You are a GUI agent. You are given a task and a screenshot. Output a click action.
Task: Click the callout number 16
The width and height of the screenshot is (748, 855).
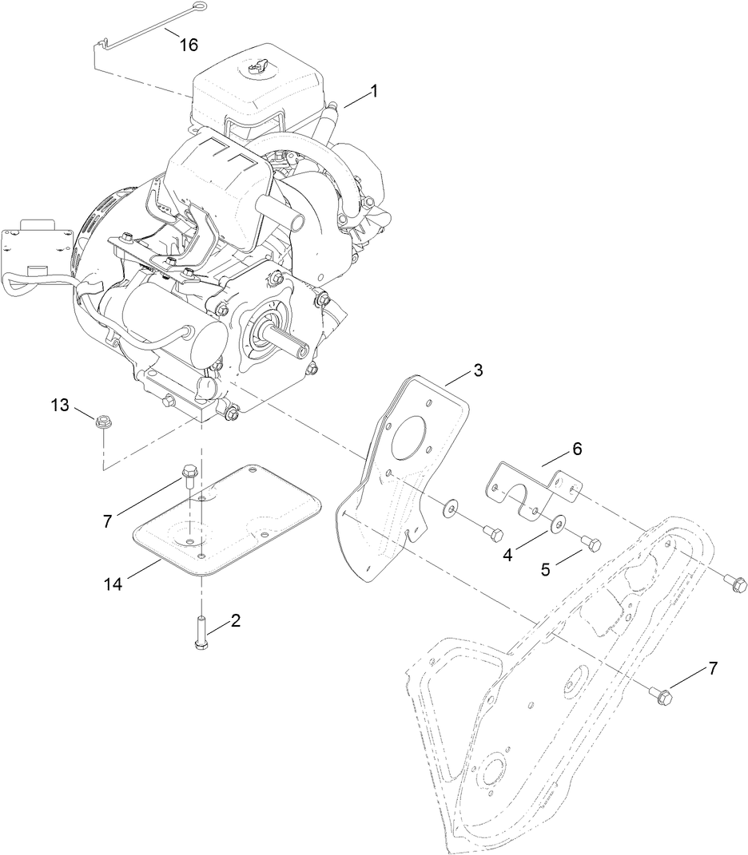pos(189,45)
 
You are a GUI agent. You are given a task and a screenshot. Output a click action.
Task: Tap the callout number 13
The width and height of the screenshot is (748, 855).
pos(61,406)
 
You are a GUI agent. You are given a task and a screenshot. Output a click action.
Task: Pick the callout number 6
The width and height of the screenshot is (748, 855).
pos(576,449)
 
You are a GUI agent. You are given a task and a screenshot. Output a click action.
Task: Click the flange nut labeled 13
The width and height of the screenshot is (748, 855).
pos(101,422)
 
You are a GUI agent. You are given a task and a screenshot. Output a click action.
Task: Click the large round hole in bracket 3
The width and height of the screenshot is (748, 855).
pos(415,438)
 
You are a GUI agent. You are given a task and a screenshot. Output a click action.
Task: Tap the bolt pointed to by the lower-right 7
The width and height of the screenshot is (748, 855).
pos(662,695)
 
